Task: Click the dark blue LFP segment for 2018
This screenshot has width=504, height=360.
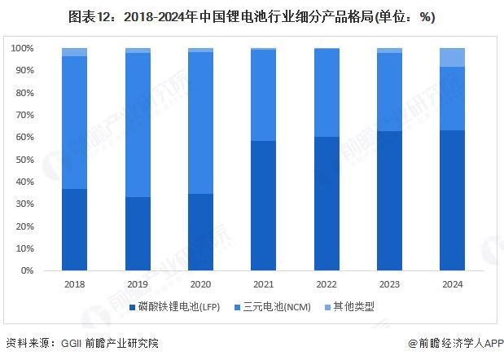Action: (x=74, y=230)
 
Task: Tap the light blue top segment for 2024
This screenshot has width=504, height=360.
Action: (x=452, y=57)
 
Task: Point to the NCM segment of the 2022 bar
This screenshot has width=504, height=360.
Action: (x=326, y=93)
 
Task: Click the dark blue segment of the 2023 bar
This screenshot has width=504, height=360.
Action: (x=389, y=200)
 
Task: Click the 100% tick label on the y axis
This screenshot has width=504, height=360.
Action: (x=22, y=49)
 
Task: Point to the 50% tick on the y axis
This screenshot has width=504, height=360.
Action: (x=24, y=160)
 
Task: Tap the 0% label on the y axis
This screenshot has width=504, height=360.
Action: (x=27, y=270)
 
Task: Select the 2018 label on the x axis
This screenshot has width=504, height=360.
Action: (x=74, y=284)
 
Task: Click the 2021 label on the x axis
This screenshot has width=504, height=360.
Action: (x=263, y=284)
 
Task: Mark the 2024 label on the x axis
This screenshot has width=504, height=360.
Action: (x=452, y=284)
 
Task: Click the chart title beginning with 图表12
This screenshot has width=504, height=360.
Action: (x=252, y=16)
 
